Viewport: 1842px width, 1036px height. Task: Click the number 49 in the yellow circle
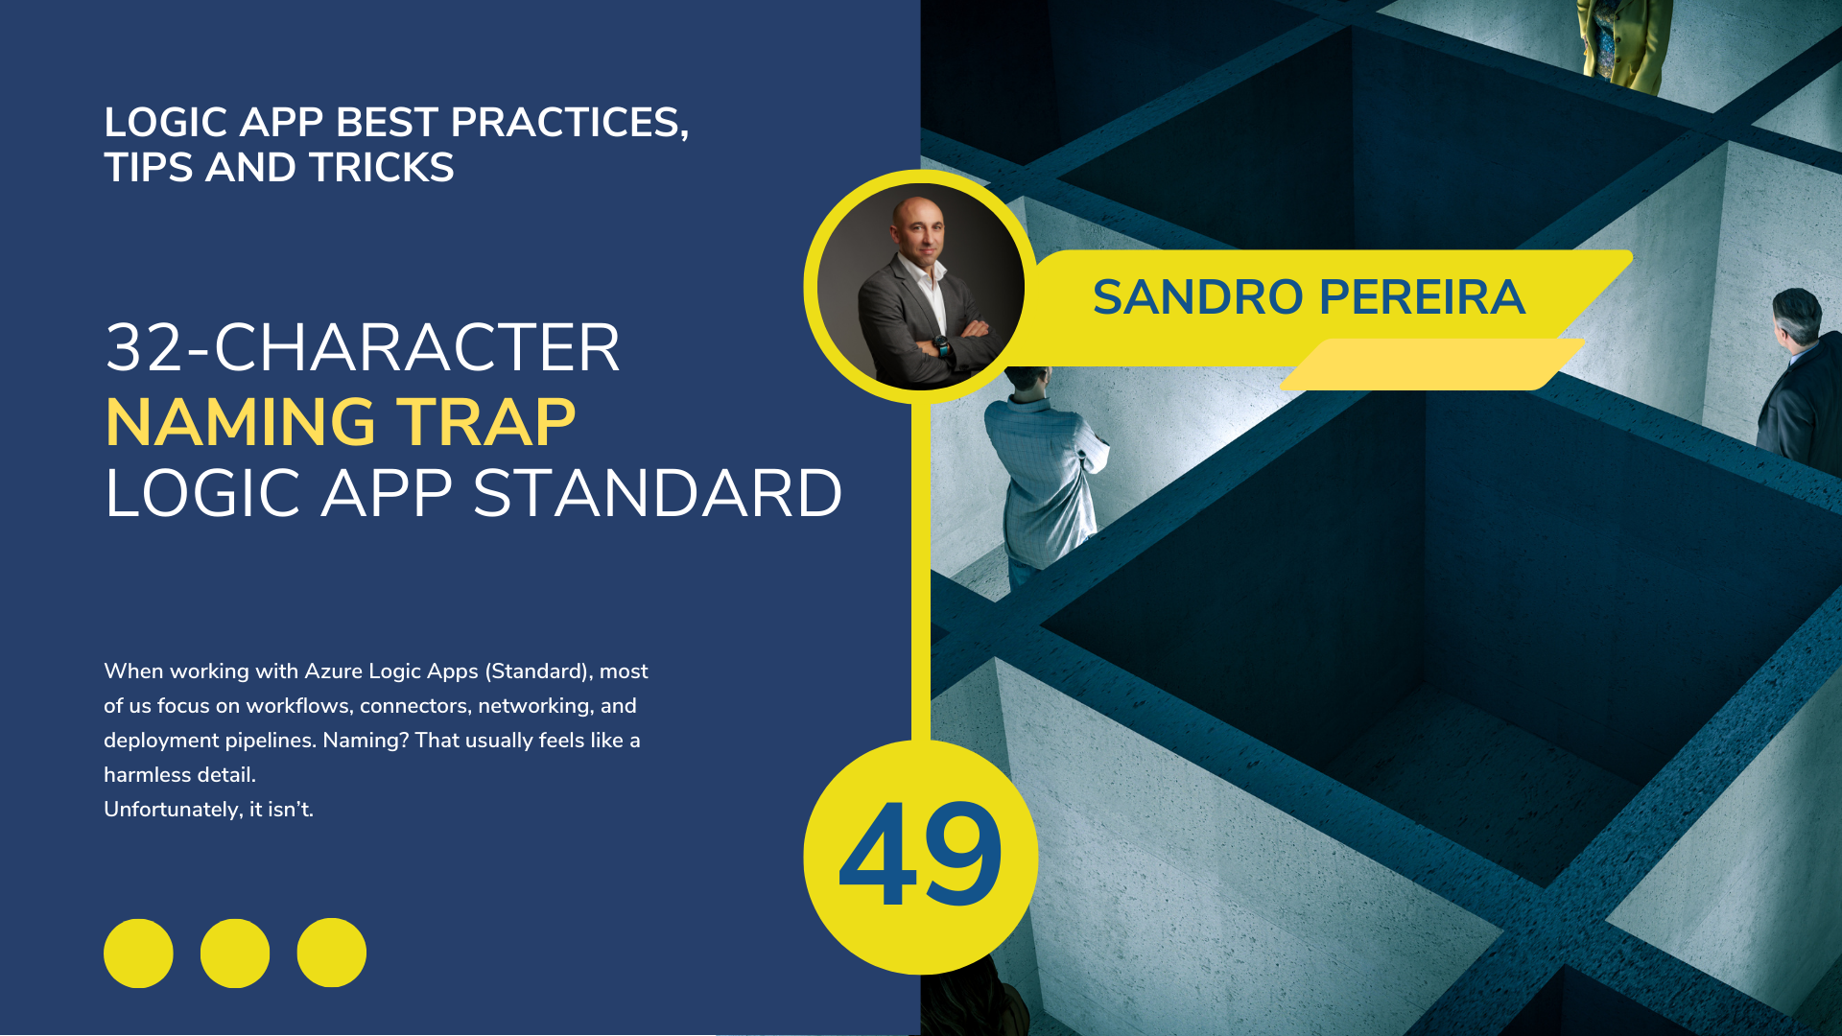coord(920,854)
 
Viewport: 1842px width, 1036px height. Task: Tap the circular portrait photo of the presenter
coord(921,287)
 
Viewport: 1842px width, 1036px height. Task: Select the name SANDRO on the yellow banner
coord(1199,297)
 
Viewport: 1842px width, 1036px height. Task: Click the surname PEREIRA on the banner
coord(1422,297)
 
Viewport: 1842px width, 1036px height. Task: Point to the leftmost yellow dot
coord(138,954)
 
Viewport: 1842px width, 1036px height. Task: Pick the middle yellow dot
coord(235,954)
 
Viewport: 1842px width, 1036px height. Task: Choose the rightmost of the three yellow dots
coord(332,954)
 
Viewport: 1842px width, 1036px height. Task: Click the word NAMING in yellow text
coord(240,422)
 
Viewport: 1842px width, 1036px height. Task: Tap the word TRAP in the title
coord(486,422)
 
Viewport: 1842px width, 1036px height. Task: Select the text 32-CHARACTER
coord(363,347)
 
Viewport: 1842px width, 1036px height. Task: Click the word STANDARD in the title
coord(657,494)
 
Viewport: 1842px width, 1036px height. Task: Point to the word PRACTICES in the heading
coord(569,123)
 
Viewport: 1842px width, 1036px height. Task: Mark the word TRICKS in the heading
coord(382,168)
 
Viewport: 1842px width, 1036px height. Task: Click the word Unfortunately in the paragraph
coord(173,810)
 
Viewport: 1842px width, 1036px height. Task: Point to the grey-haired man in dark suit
coord(1800,379)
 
